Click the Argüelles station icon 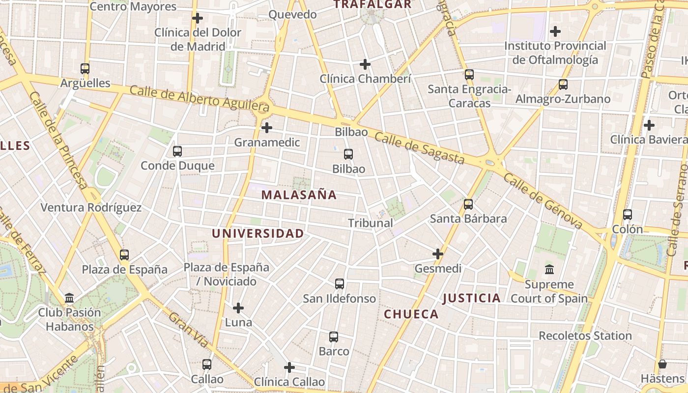click(x=85, y=69)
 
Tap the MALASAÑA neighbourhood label click(x=299, y=195)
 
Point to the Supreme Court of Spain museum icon click(x=549, y=270)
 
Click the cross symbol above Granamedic click(x=267, y=128)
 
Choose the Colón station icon click(x=628, y=215)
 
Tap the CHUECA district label click(x=411, y=314)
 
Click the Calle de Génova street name click(x=543, y=202)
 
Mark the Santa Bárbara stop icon click(x=468, y=204)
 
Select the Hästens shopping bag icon click(x=662, y=364)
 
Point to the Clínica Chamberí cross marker click(x=365, y=64)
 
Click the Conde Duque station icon click(x=177, y=151)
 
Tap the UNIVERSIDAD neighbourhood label click(x=258, y=234)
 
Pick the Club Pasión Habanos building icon click(x=69, y=298)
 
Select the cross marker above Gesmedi click(x=438, y=254)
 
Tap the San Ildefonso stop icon click(x=340, y=284)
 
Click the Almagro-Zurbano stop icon click(x=563, y=84)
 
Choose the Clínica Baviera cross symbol click(x=649, y=125)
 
